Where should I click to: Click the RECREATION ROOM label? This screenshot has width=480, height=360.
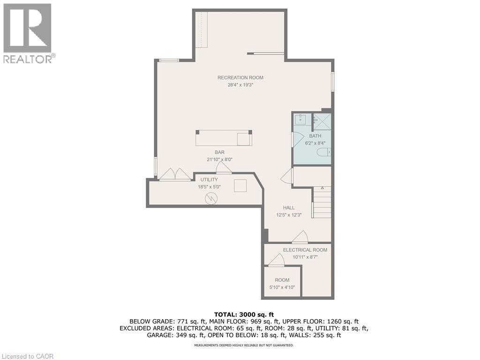pyautogui.click(x=240, y=78)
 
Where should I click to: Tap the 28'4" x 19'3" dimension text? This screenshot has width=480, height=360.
pyautogui.click(x=240, y=85)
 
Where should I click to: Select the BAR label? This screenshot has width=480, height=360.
pyautogui.click(x=219, y=152)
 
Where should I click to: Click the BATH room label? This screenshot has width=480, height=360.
pyautogui.click(x=315, y=136)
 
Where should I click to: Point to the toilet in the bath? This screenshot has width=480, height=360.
pyautogui.click(x=324, y=152)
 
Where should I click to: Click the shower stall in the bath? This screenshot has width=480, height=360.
pyautogui.click(x=322, y=121)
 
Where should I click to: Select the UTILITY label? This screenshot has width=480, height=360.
pyautogui.click(x=209, y=180)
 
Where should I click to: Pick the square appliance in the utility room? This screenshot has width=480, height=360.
pyautogui.click(x=240, y=185)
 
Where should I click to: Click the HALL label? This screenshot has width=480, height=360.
pyautogui.click(x=288, y=208)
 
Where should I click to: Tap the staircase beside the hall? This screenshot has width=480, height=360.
pyautogui.click(x=322, y=202)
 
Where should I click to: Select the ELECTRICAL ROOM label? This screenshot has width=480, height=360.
pyautogui.click(x=305, y=250)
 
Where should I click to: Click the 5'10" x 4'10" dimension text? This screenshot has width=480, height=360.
pyautogui.click(x=282, y=287)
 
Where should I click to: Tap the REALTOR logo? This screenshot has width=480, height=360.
pyautogui.click(x=28, y=33)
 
